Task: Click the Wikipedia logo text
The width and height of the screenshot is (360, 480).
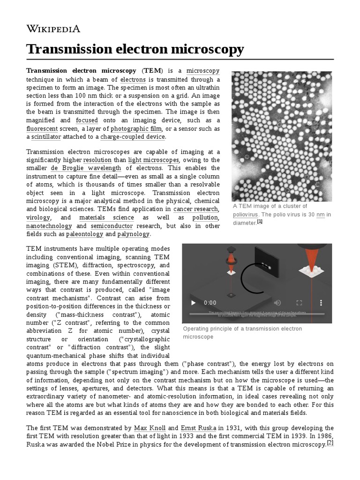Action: tap(53, 29)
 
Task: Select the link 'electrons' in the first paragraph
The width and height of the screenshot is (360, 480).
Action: tap(133, 80)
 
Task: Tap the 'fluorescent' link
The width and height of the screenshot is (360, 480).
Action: tap(42, 128)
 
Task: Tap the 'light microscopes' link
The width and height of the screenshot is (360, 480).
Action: tap(147, 159)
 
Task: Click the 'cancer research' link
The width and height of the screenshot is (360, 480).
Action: tap(195, 209)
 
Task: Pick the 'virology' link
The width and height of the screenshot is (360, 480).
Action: tap(38, 217)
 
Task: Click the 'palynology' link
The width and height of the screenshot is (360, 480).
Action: tap(133, 234)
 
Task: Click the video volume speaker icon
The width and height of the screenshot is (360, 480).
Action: tap(277, 303)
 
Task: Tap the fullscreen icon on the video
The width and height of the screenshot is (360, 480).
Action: tap(299, 303)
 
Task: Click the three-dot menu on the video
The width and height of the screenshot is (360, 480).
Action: tap(321, 303)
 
